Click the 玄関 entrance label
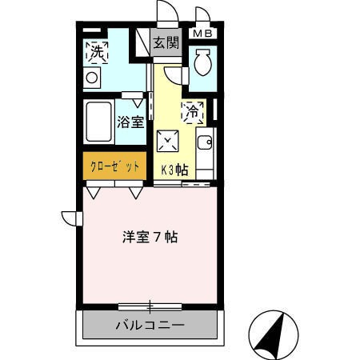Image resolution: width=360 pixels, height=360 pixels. tap(166, 42)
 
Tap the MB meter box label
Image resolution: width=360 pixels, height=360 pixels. tap(202, 34)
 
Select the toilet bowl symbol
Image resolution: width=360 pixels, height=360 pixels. tap(203, 62)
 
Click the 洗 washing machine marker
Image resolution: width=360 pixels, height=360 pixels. tap(97, 53)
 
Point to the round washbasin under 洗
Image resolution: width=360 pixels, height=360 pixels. tap(92, 78)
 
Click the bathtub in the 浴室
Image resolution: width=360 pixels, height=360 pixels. tap(98, 122)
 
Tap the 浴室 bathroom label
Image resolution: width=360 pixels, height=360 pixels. tap(130, 122)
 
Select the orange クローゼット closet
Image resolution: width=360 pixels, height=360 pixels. tap(114, 166)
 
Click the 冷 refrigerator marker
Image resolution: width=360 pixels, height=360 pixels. tap(192, 113)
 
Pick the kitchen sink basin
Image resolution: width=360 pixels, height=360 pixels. tap(205, 142)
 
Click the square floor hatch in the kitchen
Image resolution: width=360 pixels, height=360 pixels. tap(168, 141)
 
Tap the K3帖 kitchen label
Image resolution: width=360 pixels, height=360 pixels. tap(174, 170)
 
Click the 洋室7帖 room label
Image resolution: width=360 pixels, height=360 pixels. tap(150, 237)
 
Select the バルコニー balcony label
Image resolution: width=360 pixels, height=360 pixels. tap(150, 325)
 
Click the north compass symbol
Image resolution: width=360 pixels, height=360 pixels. tap(274, 335)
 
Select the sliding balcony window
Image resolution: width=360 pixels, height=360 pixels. tap(150, 306)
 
